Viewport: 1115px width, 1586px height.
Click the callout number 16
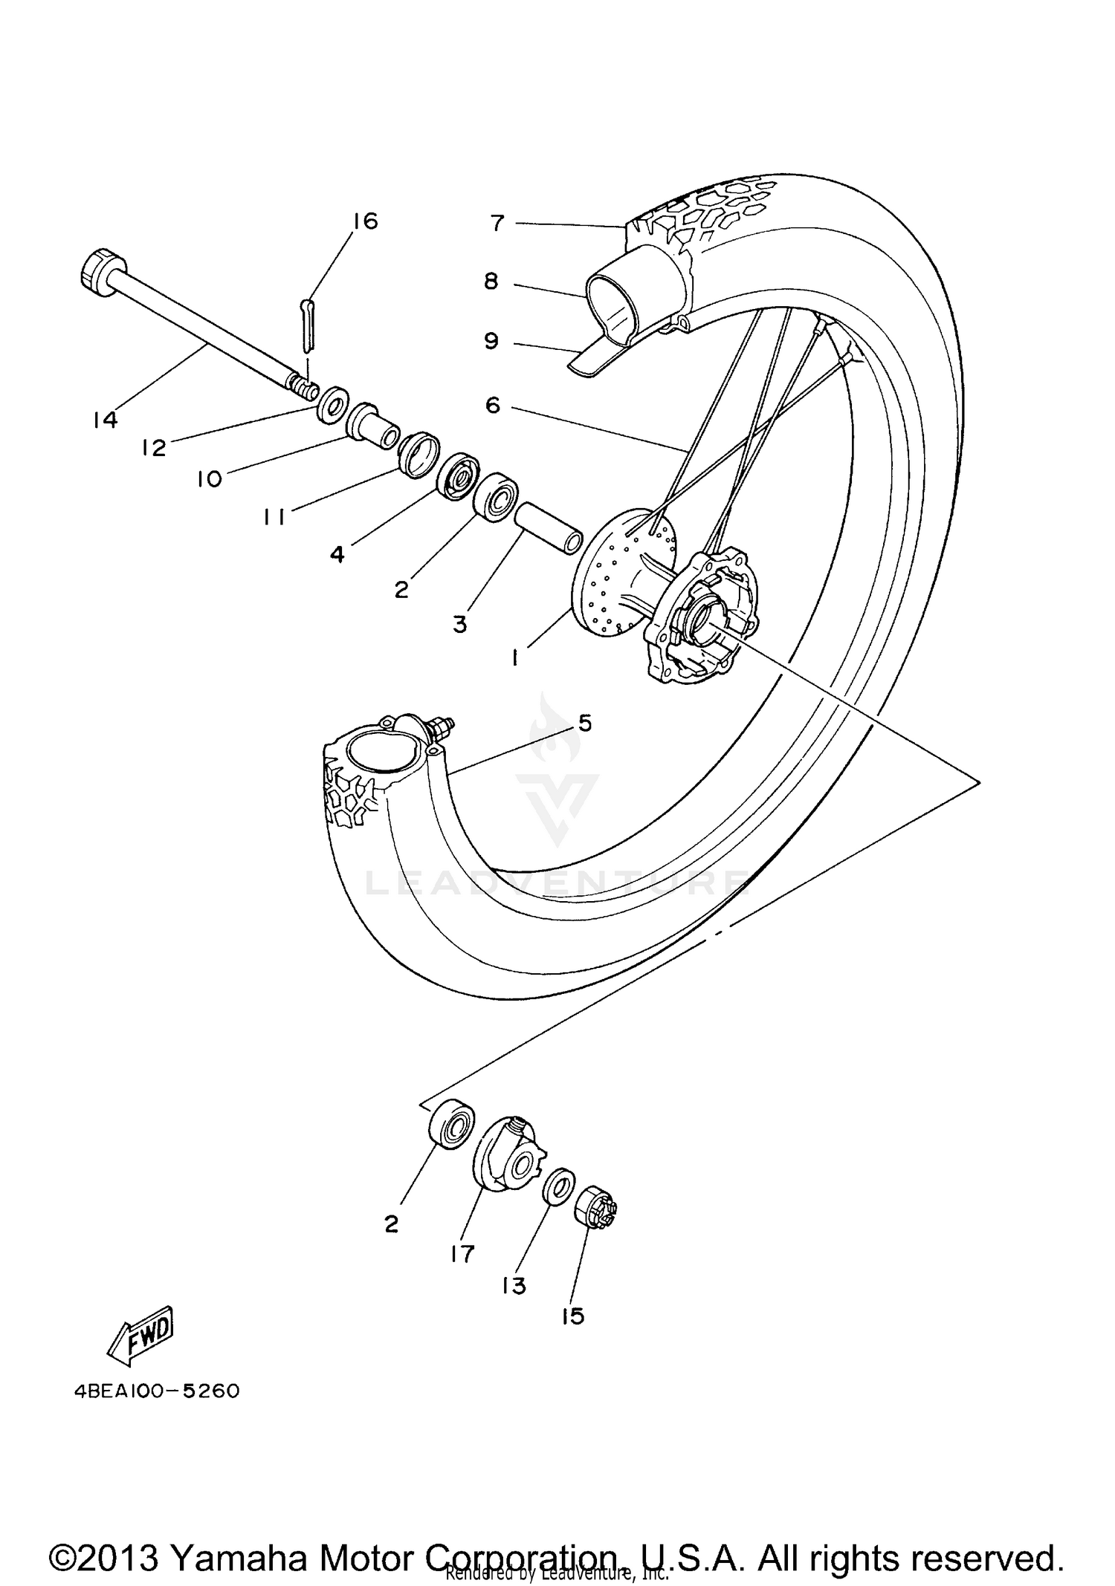point(365,221)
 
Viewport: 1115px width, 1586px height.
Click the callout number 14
point(106,420)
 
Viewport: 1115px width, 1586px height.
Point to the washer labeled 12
point(332,405)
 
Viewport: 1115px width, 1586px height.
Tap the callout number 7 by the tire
point(497,222)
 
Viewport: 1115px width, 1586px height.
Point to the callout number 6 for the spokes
point(493,406)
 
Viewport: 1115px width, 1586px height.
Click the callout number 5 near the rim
point(584,723)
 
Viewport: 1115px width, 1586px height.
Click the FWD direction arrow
point(143,1336)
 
